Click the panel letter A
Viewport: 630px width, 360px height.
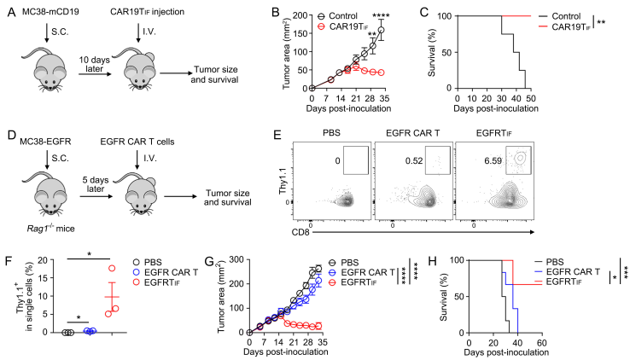coord(12,13)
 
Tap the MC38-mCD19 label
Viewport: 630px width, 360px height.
coord(50,12)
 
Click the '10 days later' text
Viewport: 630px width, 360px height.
coord(94,64)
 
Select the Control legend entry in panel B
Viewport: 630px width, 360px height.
coord(337,16)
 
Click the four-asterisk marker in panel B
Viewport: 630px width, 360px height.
coord(381,16)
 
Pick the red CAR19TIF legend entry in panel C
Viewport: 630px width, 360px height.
coord(564,27)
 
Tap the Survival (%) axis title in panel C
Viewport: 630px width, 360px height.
coord(432,52)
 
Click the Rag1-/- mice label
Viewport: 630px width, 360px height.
coord(50,229)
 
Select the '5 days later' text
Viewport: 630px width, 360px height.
coord(96,183)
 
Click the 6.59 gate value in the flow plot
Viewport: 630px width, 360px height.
coord(493,161)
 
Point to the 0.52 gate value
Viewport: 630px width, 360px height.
coord(414,161)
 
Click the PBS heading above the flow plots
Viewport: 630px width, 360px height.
coord(331,132)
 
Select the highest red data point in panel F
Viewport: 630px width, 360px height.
coord(112,268)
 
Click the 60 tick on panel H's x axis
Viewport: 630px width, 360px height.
coord(541,343)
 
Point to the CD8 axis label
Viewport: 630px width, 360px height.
coord(301,232)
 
